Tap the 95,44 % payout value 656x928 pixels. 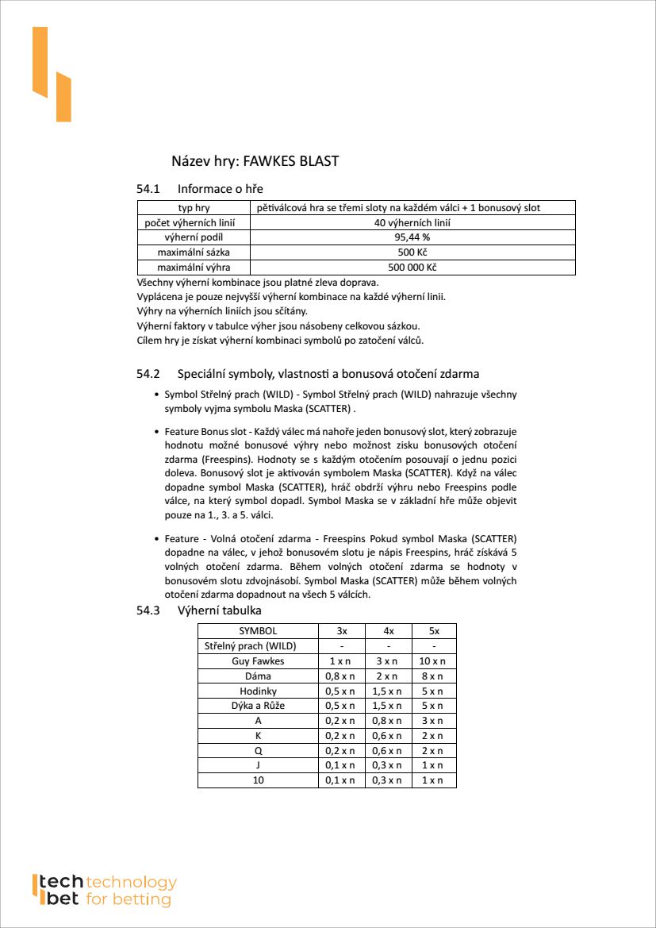(x=412, y=237)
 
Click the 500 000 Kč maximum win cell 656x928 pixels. (x=412, y=268)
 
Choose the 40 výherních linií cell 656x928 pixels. (x=412, y=223)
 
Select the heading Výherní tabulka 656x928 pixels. (x=219, y=610)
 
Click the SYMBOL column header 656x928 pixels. (x=258, y=631)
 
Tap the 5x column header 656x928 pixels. (x=434, y=631)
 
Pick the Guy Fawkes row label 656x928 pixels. (x=258, y=661)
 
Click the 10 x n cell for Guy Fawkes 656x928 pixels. (x=434, y=661)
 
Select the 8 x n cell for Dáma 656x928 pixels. (x=434, y=676)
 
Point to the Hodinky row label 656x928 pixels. (x=258, y=691)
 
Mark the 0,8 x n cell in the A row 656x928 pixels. (x=387, y=721)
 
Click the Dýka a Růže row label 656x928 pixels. (x=258, y=706)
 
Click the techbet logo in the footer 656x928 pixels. (x=103, y=891)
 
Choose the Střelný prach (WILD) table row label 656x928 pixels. (x=258, y=646)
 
